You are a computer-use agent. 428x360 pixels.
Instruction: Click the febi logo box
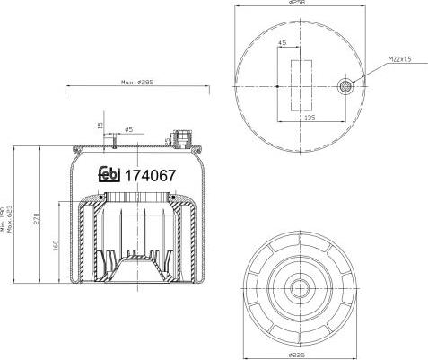pyautogui.click(x=110, y=176)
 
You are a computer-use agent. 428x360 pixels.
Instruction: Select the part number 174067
pyautogui.click(x=149, y=176)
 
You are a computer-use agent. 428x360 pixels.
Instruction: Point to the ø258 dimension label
pyautogui.click(x=297, y=4)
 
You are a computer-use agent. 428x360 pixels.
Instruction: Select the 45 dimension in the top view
pyautogui.click(x=283, y=42)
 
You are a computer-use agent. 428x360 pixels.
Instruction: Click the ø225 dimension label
pyautogui.click(x=297, y=352)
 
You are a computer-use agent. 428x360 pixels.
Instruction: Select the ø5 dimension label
pyautogui.click(x=128, y=129)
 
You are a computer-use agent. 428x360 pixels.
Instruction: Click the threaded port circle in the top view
pyautogui.click(x=345, y=86)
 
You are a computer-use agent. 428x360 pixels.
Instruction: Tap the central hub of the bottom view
pyautogui.click(x=297, y=289)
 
